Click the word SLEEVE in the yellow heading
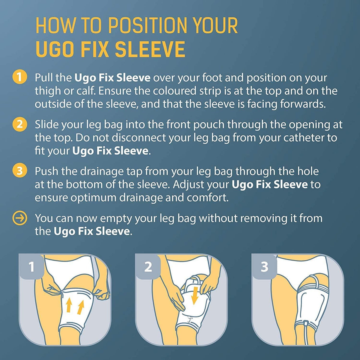coord(150,49)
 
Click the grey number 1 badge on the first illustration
coord(31,267)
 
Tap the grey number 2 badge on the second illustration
coord(148,267)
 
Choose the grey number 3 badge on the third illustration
coord(264,267)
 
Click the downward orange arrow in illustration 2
coord(194,295)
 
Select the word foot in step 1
coord(212,78)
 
